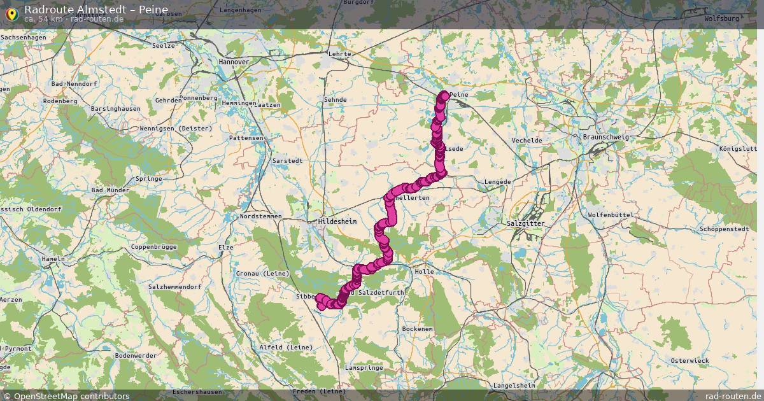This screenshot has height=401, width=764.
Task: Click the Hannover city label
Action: (234, 62)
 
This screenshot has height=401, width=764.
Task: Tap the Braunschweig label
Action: (605, 137)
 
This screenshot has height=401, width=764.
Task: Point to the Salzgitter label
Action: (525, 224)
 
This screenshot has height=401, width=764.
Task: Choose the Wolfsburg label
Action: (722, 18)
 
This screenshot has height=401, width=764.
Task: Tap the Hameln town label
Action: (52, 259)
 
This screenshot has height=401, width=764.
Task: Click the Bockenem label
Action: (418, 328)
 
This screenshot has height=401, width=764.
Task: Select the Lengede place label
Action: (498, 181)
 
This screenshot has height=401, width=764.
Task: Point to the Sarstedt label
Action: (287, 161)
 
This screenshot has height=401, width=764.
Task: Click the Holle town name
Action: (424, 271)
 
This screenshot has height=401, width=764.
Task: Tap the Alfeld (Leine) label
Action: (286, 347)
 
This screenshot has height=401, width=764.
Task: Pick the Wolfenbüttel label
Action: (611, 215)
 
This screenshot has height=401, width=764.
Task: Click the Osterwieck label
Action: (690, 360)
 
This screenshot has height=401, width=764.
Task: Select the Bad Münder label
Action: (111, 190)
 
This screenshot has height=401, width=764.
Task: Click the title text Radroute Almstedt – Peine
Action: (96, 9)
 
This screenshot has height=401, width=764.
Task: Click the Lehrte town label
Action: (340, 54)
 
